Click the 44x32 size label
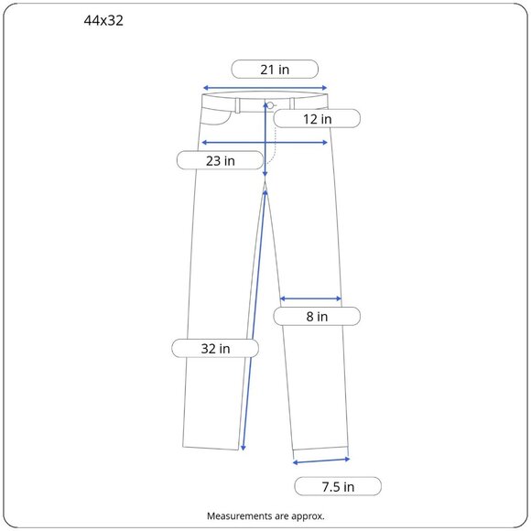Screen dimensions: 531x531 (103, 21)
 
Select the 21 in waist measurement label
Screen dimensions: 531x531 (275, 70)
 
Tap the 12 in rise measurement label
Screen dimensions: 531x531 (317, 119)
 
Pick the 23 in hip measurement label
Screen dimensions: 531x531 (220, 160)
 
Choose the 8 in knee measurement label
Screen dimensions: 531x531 (317, 316)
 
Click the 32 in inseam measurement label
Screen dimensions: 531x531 (215, 348)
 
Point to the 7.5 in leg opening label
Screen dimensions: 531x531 (338, 487)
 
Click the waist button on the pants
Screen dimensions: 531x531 (270, 105)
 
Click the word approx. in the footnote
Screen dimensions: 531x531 (308, 516)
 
